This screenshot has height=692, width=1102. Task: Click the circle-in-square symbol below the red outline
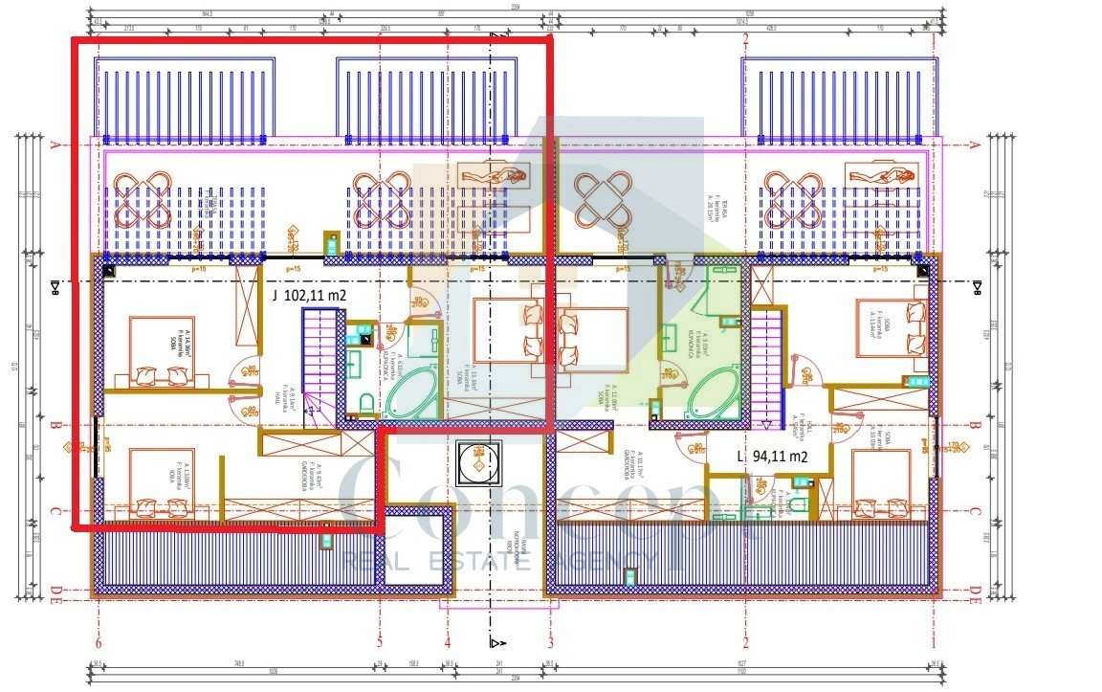[x=475, y=463]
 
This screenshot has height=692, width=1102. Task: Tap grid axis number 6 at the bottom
[x=99, y=643]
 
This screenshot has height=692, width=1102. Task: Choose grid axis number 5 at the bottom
[x=380, y=643]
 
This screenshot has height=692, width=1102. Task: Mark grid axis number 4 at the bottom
[x=447, y=643]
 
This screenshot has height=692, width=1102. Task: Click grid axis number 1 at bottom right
[x=933, y=643]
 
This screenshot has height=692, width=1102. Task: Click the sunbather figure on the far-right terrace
[x=881, y=173]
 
